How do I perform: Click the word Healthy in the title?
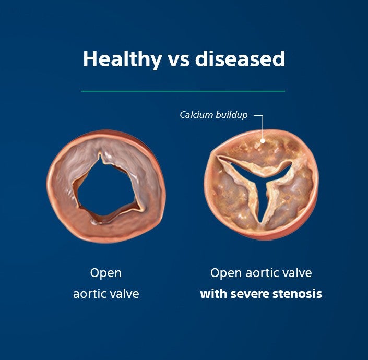[x=122, y=59]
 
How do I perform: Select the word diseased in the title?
[x=240, y=59]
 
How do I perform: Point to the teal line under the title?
[x=183, y=91]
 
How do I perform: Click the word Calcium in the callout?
[x=196, y=115]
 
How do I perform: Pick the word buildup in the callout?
[x=231, y=115]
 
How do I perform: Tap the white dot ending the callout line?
[x=264, y=140]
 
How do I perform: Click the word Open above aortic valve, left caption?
[x=105, y=273]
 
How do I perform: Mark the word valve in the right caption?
[x=298, y=273]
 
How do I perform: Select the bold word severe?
[x=250, y=294]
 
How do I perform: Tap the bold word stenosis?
[x=298, y=294]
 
